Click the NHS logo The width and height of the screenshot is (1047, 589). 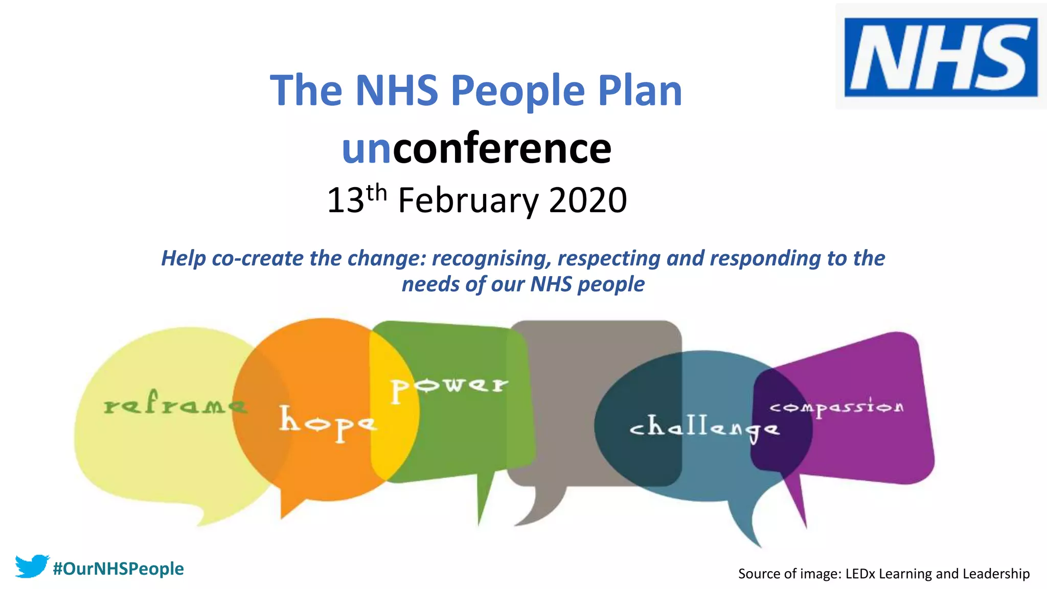point(941,57)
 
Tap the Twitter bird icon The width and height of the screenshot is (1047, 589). point(32,567)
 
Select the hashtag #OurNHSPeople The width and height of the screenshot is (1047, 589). point(118,569)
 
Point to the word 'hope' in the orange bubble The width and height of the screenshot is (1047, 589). point(327,422)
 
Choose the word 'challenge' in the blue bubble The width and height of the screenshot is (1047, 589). point(704,428)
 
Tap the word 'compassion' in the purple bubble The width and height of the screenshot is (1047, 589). point(836,408)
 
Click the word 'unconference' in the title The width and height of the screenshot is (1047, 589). point(476,148)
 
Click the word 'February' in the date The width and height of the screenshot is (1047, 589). point(467,200)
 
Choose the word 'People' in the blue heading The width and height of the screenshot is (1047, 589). point(517,90)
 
